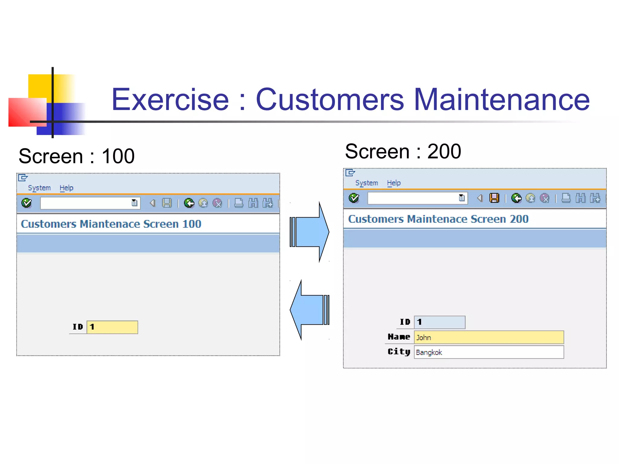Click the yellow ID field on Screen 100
(112, 327)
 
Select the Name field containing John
(488, 337)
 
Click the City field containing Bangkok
(488, 352)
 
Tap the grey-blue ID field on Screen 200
(439, 322)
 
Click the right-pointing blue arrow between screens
(309, 232)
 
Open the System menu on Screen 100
(39, 188)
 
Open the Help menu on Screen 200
(394, 183)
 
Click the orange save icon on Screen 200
(494, 198)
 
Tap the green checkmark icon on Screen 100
(27, 203)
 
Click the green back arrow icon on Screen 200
(516, 198)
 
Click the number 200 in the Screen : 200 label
(444, 151)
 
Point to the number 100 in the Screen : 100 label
(118, 156)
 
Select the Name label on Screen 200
(399, 337)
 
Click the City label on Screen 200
(399, 352)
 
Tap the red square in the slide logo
(27, 112)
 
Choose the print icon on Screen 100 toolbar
(239, 203)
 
